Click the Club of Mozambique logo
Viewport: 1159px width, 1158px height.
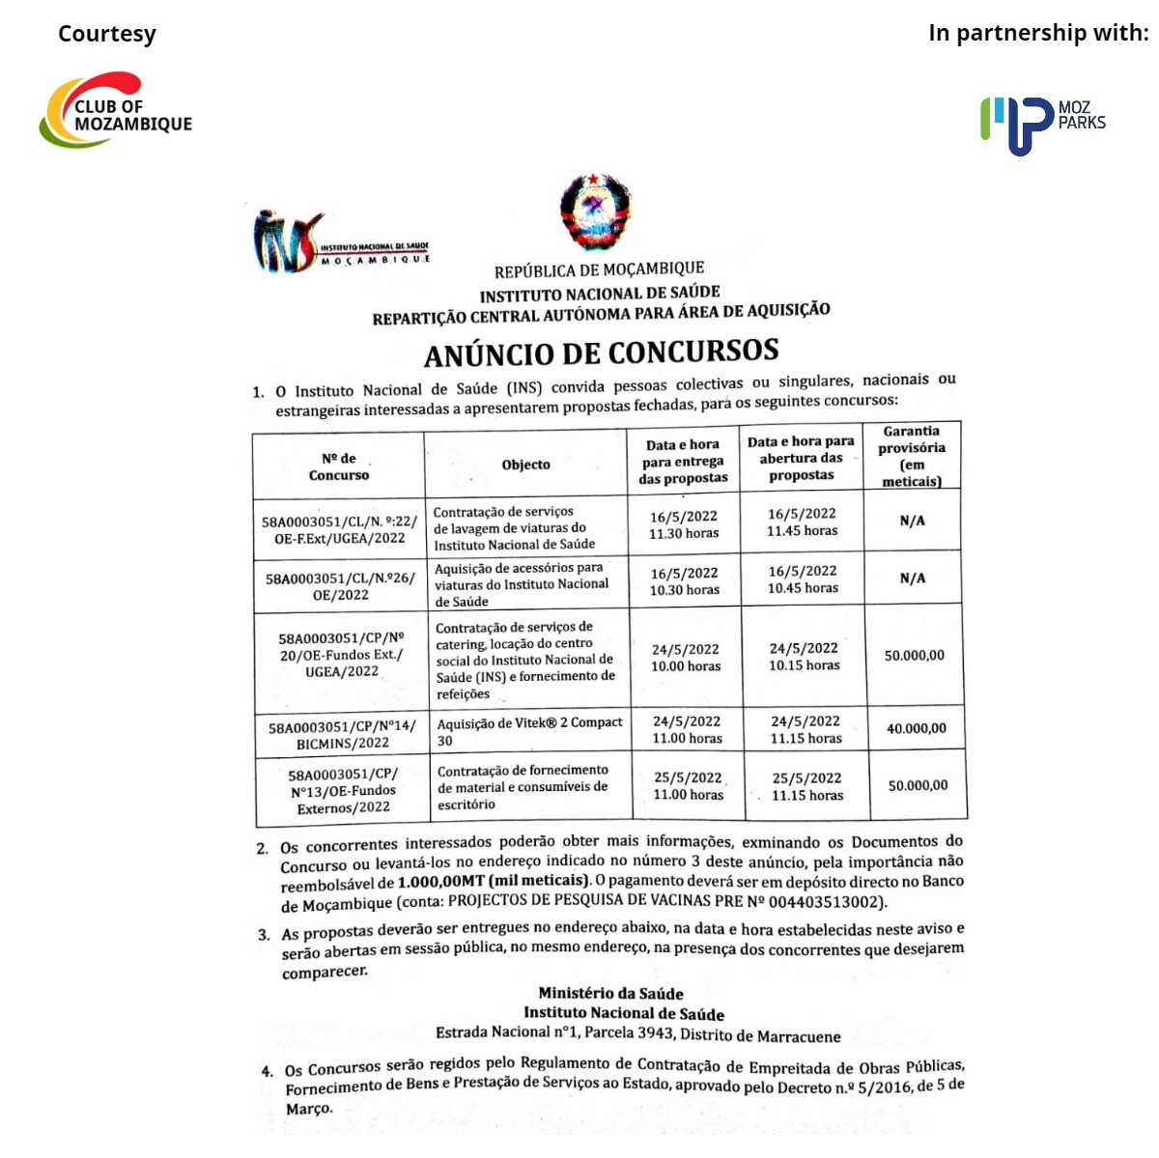[115, 110]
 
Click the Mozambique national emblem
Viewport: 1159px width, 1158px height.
[595, 213]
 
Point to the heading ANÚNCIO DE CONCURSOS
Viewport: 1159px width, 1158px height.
[601, 353]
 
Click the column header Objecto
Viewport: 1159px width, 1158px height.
[525, 465]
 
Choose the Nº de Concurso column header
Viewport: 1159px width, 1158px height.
[338, 466]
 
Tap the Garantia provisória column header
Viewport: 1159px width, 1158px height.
[912, 456]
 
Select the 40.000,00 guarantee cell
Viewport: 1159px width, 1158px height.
[916, 728]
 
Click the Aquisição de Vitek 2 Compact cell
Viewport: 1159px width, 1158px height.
[529, 731]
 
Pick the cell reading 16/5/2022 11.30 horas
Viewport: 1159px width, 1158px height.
[684, 524]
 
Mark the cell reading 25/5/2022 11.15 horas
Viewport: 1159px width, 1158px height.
[806, 786]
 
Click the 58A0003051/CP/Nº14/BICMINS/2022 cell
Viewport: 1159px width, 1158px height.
[342, 735]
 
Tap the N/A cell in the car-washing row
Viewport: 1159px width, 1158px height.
[912, 521]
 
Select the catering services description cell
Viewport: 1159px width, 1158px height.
[525, 660]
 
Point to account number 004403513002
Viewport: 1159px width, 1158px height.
[827, 902]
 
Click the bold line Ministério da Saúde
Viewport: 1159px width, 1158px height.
[610, 993]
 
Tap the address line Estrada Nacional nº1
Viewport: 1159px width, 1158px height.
[637, 1034]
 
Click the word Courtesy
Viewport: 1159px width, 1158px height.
[106, 34]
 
